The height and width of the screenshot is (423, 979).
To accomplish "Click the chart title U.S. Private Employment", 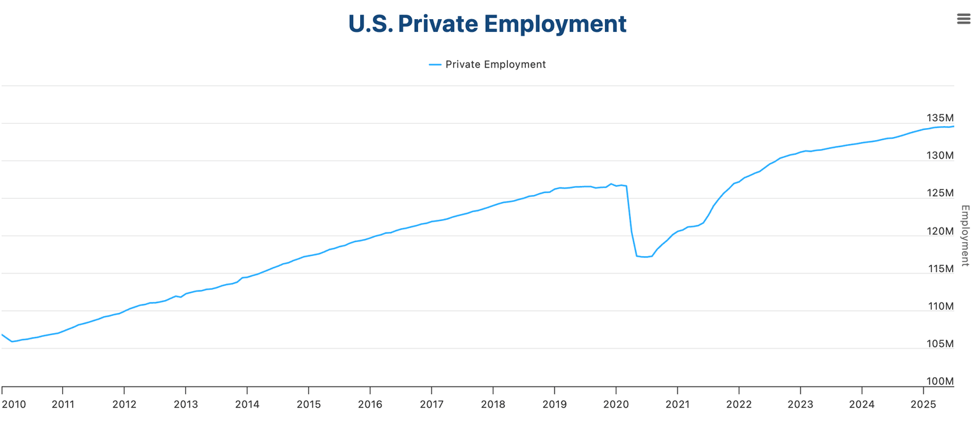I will (488, 24).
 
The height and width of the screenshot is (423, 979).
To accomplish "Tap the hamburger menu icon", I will (964, 19).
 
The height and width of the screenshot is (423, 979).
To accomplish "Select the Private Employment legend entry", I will (488, 64).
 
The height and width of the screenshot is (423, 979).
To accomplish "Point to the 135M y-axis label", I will (939, 118).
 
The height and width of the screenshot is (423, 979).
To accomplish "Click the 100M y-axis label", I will (939, 382).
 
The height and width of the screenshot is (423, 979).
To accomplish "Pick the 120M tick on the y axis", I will (939, 231).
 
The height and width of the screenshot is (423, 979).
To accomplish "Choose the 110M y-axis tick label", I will (939, 306).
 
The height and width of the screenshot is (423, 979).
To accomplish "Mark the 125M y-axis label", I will (939, 194).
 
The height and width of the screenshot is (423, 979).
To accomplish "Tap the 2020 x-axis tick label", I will (616, 405).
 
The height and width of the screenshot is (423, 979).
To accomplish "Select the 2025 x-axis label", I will (924, 405).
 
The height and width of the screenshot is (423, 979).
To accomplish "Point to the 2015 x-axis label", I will (308, 405).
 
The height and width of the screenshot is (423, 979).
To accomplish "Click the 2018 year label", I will (493, 405).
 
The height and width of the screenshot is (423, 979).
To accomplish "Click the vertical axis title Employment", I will (965, 235).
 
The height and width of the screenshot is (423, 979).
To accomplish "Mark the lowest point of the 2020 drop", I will (645, 257).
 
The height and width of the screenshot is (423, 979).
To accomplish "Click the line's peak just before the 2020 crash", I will (611, 183).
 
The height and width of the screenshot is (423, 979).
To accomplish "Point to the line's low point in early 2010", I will (11, 341).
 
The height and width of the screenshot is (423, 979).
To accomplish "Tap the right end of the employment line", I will (954, 126).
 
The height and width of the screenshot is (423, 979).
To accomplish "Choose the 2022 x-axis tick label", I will (739, 405).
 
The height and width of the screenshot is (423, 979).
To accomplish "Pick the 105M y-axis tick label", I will (939, 344).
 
